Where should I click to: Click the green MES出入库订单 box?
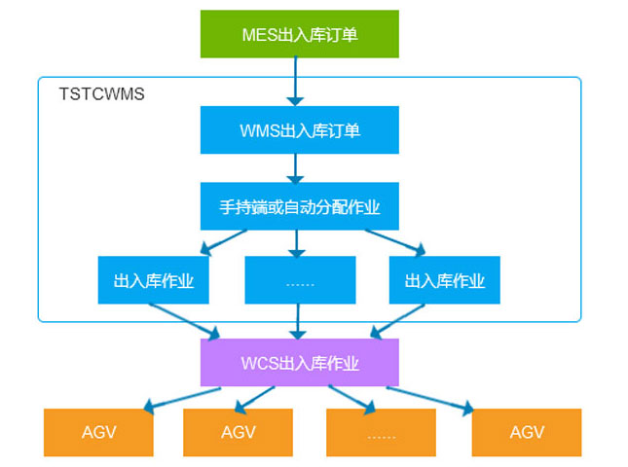point(299,34)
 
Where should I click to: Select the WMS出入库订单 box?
point(299,130)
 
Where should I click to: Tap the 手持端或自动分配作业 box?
point(299,206)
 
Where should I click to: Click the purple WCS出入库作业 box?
point(299,363)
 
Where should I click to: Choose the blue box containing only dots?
point(299,282)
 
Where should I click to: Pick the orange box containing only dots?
point(380,433)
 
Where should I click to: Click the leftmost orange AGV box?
point(98,433)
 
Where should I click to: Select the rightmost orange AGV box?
point(526,433)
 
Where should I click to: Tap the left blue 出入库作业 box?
point(153,282)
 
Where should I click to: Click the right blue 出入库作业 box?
point(444,282)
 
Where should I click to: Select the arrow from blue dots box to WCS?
point(299,321)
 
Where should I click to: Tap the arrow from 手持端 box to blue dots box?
point(299,243)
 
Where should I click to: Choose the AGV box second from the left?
point(238,433)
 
